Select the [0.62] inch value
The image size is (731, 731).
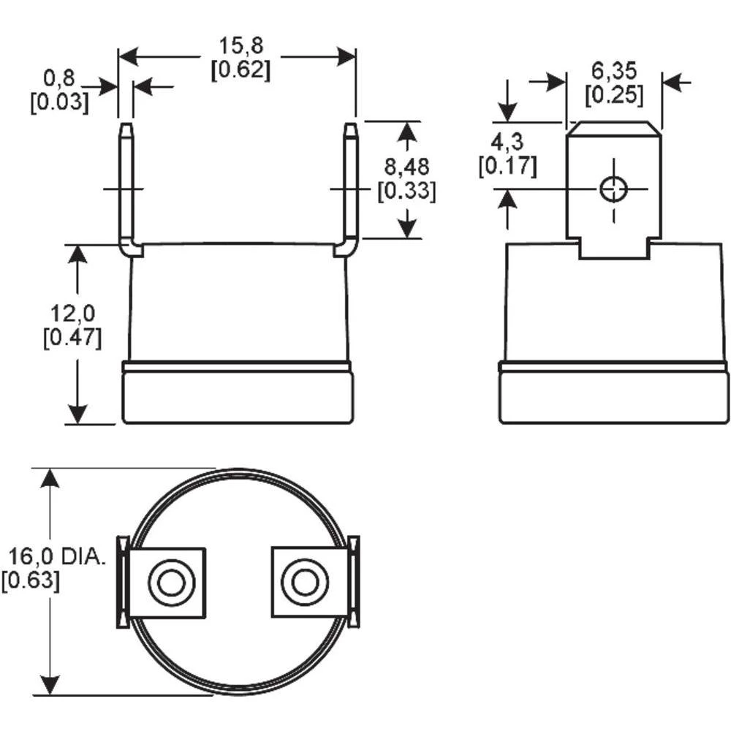pyautogui.click(x=239, y=70)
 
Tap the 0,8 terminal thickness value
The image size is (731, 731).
pyautogui.click(x=60, y=77)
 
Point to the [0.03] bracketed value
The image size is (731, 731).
pyautogui.click(x=59, y=102)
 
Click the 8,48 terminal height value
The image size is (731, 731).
pyautogui.click(x=407, y=167)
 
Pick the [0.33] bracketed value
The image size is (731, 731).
pyautogui.click(x=406, y=192)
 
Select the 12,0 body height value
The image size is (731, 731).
pyautogui.click(x=74, y=314)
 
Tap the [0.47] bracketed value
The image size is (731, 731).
pyautogui.click(x=72, y=338)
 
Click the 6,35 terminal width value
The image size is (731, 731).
pyautogui.click(x=615, y=70)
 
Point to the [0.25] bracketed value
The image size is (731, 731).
pyautogui.click(x=615, y=94)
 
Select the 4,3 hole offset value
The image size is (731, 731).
pyautogui.click(x=507, y=141)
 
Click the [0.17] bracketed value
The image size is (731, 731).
pyautogui.click(x=507, y=166)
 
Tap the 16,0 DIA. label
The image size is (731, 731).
pyautogui.click(x=58, y=557)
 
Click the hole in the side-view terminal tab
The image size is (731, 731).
pyautogui.click(x=613, y=189)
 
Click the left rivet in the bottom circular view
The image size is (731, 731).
pyautogui.click(x=170, y=583)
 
